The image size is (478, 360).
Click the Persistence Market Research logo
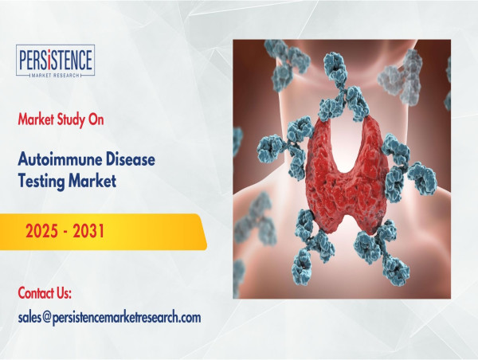(x=55, y=61)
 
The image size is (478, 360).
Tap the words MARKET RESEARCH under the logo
(x=55, y=75)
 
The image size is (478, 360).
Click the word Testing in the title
(x=41, y=181)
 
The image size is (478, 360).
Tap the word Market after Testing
(x=92, y=181)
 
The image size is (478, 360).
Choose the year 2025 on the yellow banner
(x=41, y=230)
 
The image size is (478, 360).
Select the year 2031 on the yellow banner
(x=88, y=230)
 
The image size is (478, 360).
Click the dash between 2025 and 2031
(x=65, y=232)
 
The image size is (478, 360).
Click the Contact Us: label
(x=45, y=293)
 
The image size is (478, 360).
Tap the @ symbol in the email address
(x=46, y=318)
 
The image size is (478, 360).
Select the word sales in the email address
(x=29, y=318)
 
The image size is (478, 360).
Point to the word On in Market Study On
(x=96, y=119)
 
